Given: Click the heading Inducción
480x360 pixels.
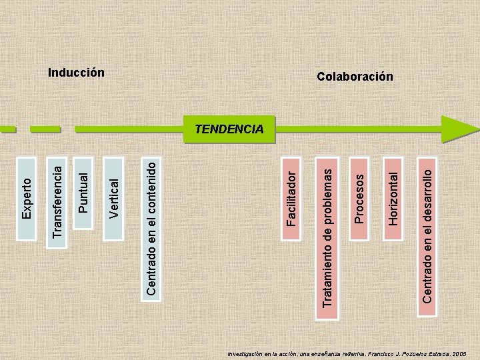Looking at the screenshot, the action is coord(77,72).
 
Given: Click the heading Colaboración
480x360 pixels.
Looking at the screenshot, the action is coord(355,77).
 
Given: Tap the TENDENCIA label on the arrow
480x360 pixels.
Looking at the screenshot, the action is coord(229,129).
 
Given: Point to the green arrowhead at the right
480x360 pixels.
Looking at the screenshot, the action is coord(460,129).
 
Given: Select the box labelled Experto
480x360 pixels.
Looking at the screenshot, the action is coord(27,198).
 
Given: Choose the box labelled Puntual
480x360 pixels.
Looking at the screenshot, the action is coord(83,192).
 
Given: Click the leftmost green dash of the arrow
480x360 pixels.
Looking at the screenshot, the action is coord(7,129).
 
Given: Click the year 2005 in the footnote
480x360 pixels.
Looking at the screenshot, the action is coord(459,354).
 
